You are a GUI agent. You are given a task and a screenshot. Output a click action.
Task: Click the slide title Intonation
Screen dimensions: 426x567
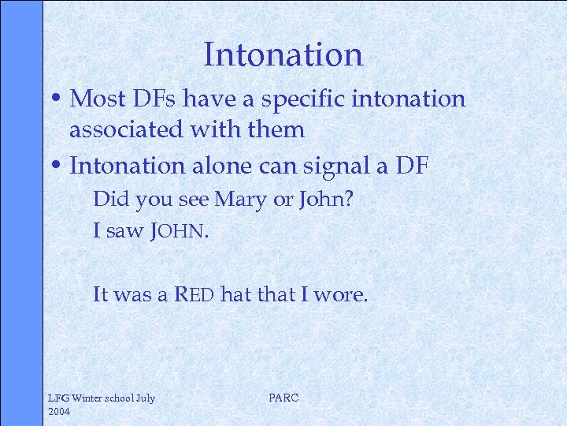283,54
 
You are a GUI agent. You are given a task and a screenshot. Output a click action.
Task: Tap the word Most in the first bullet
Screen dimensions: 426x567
92,99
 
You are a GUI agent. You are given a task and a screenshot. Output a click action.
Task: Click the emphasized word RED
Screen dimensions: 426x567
194,295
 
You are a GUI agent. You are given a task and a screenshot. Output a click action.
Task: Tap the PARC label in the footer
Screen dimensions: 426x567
283,398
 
